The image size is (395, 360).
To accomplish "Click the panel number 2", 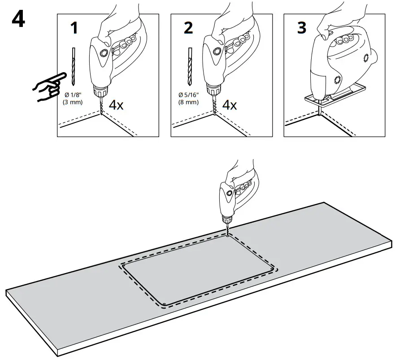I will pyautogui.click(x=188, y=27).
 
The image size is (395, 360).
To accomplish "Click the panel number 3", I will pyautogui.click(x=302, y=27).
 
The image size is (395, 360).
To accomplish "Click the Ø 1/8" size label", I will pyautogui.click(x=74, y=95).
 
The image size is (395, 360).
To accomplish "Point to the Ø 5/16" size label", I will pyautogui.click(x=189, y=95).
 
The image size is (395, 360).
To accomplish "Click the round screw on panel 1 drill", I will pyautogui.click(x=104, y=53).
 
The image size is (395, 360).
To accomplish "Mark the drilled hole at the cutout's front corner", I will pyautogui.click(x=165, y=304).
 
